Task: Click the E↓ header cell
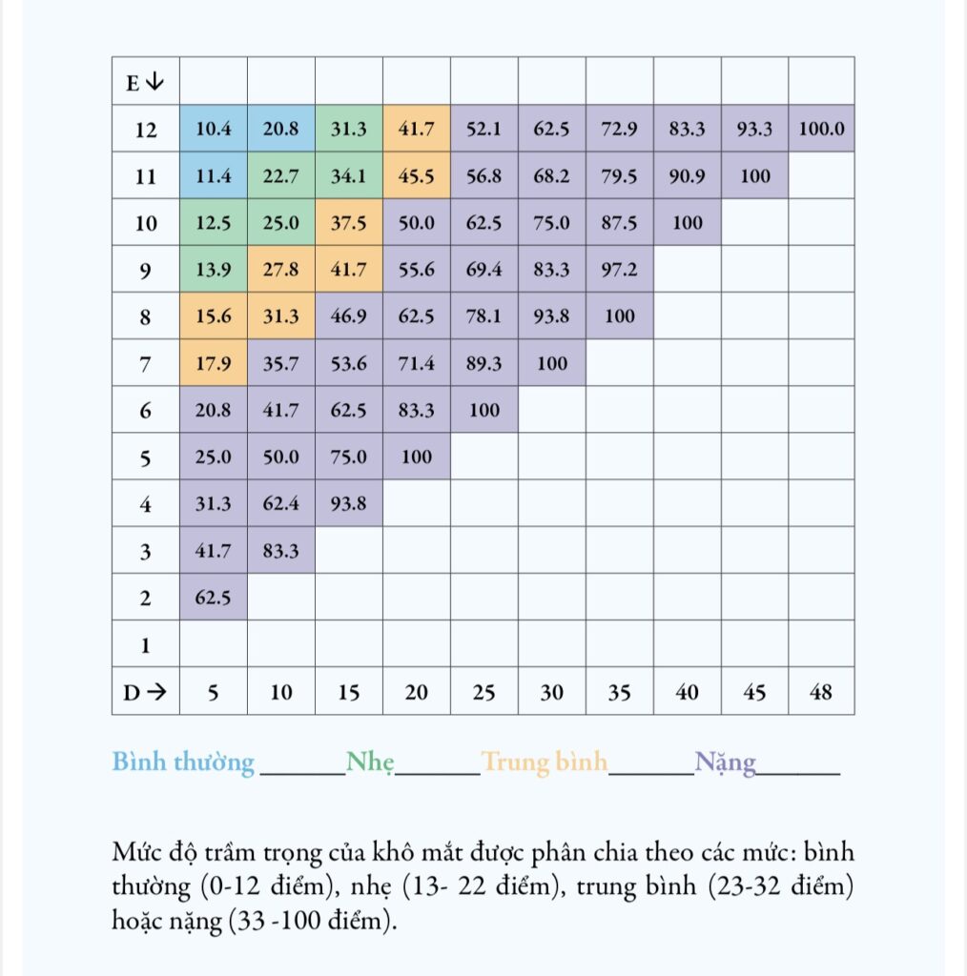(x=146, y=81)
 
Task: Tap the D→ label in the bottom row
(x=145, y=692)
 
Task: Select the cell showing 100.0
(x=821, y=129)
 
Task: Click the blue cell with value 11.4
(x=214, y=175)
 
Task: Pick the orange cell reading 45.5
(x=417, y=175)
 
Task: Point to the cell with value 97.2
(x=620, y=269)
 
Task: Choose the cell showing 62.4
(x=280, y=503)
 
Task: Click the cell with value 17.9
(x=214, y=363)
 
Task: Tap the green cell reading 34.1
(x=349, y=175)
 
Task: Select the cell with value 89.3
(x=483, y=363)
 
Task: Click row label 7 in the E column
(x=145, y=363)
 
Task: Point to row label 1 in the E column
(x=145, y=645)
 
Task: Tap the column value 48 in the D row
(x=821, y=692)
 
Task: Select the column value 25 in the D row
(x=483, y=692)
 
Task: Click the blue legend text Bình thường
(x=183, y=762)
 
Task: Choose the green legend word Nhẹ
(x=370, y=762)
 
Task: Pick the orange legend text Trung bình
(x=545, y=762)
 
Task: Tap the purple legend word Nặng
(x=726, y=762)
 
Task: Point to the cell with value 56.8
(x=483, y=175)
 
